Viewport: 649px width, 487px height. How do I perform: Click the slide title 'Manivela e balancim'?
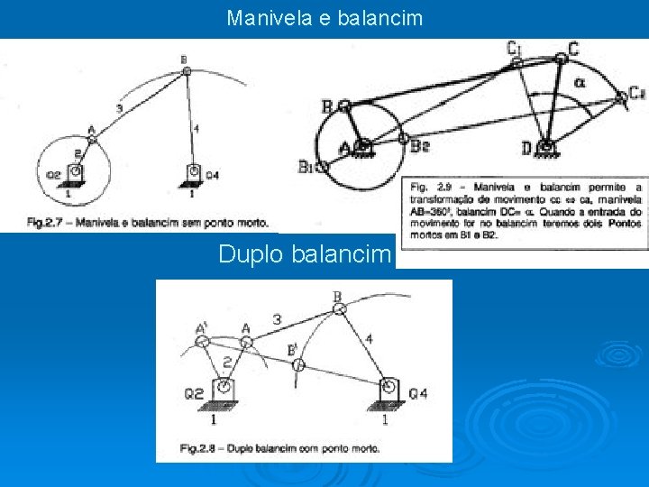pyautogui.click(x=324, y=17)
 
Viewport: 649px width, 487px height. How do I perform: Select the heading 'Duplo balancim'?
pyautogui.click(x=306, y=254)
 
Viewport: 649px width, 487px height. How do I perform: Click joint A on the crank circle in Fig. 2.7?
pyautogui.click(x=91, y=138)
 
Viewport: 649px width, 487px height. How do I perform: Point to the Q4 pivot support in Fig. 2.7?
pyautogui.click(x=193, y=172)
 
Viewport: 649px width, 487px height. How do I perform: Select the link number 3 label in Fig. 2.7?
pyautogui.click(x=120, y=109)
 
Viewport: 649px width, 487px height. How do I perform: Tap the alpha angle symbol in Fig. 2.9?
pyautogui.click(x=579, y=83)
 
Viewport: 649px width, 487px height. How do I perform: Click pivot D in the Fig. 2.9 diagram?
pyautogui.click(x=544, y=145)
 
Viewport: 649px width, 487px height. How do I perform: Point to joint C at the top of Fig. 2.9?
pyautogui.click(x=560, y=57)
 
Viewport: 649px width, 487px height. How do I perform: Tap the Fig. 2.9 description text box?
pyautogui.click(x=525, y=210)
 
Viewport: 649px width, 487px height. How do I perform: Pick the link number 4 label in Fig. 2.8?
pyautogui.click(x=370, y=339)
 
